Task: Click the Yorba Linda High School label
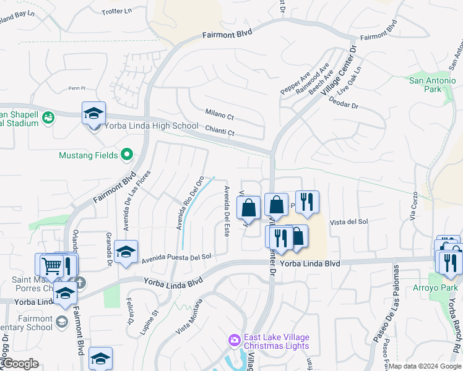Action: pos(151,126)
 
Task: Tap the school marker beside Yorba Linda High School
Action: pos(93,114)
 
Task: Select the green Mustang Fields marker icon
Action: pos(128,155)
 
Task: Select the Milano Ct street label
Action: pos(220,116)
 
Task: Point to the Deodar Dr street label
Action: pos(344,103)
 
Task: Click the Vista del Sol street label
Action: pos(349,221)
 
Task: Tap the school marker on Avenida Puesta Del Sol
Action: pos(126,252)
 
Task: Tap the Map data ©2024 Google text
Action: pos(425,366)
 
